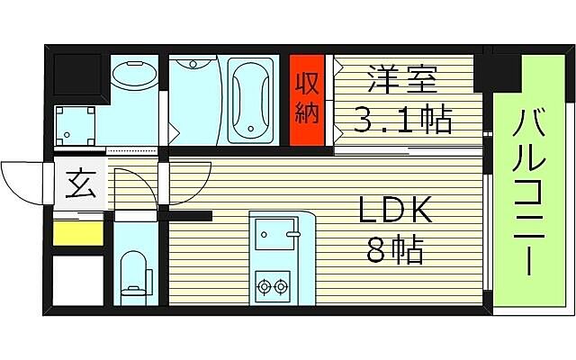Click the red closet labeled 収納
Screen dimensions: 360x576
click(x=306, y=100)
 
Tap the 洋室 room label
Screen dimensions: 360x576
click(x=401, y=79)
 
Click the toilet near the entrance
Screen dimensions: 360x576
click(x=134, y=271)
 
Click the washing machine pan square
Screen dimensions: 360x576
click(x=75, y=124)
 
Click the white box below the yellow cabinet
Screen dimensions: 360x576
click(x=76, y=281)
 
